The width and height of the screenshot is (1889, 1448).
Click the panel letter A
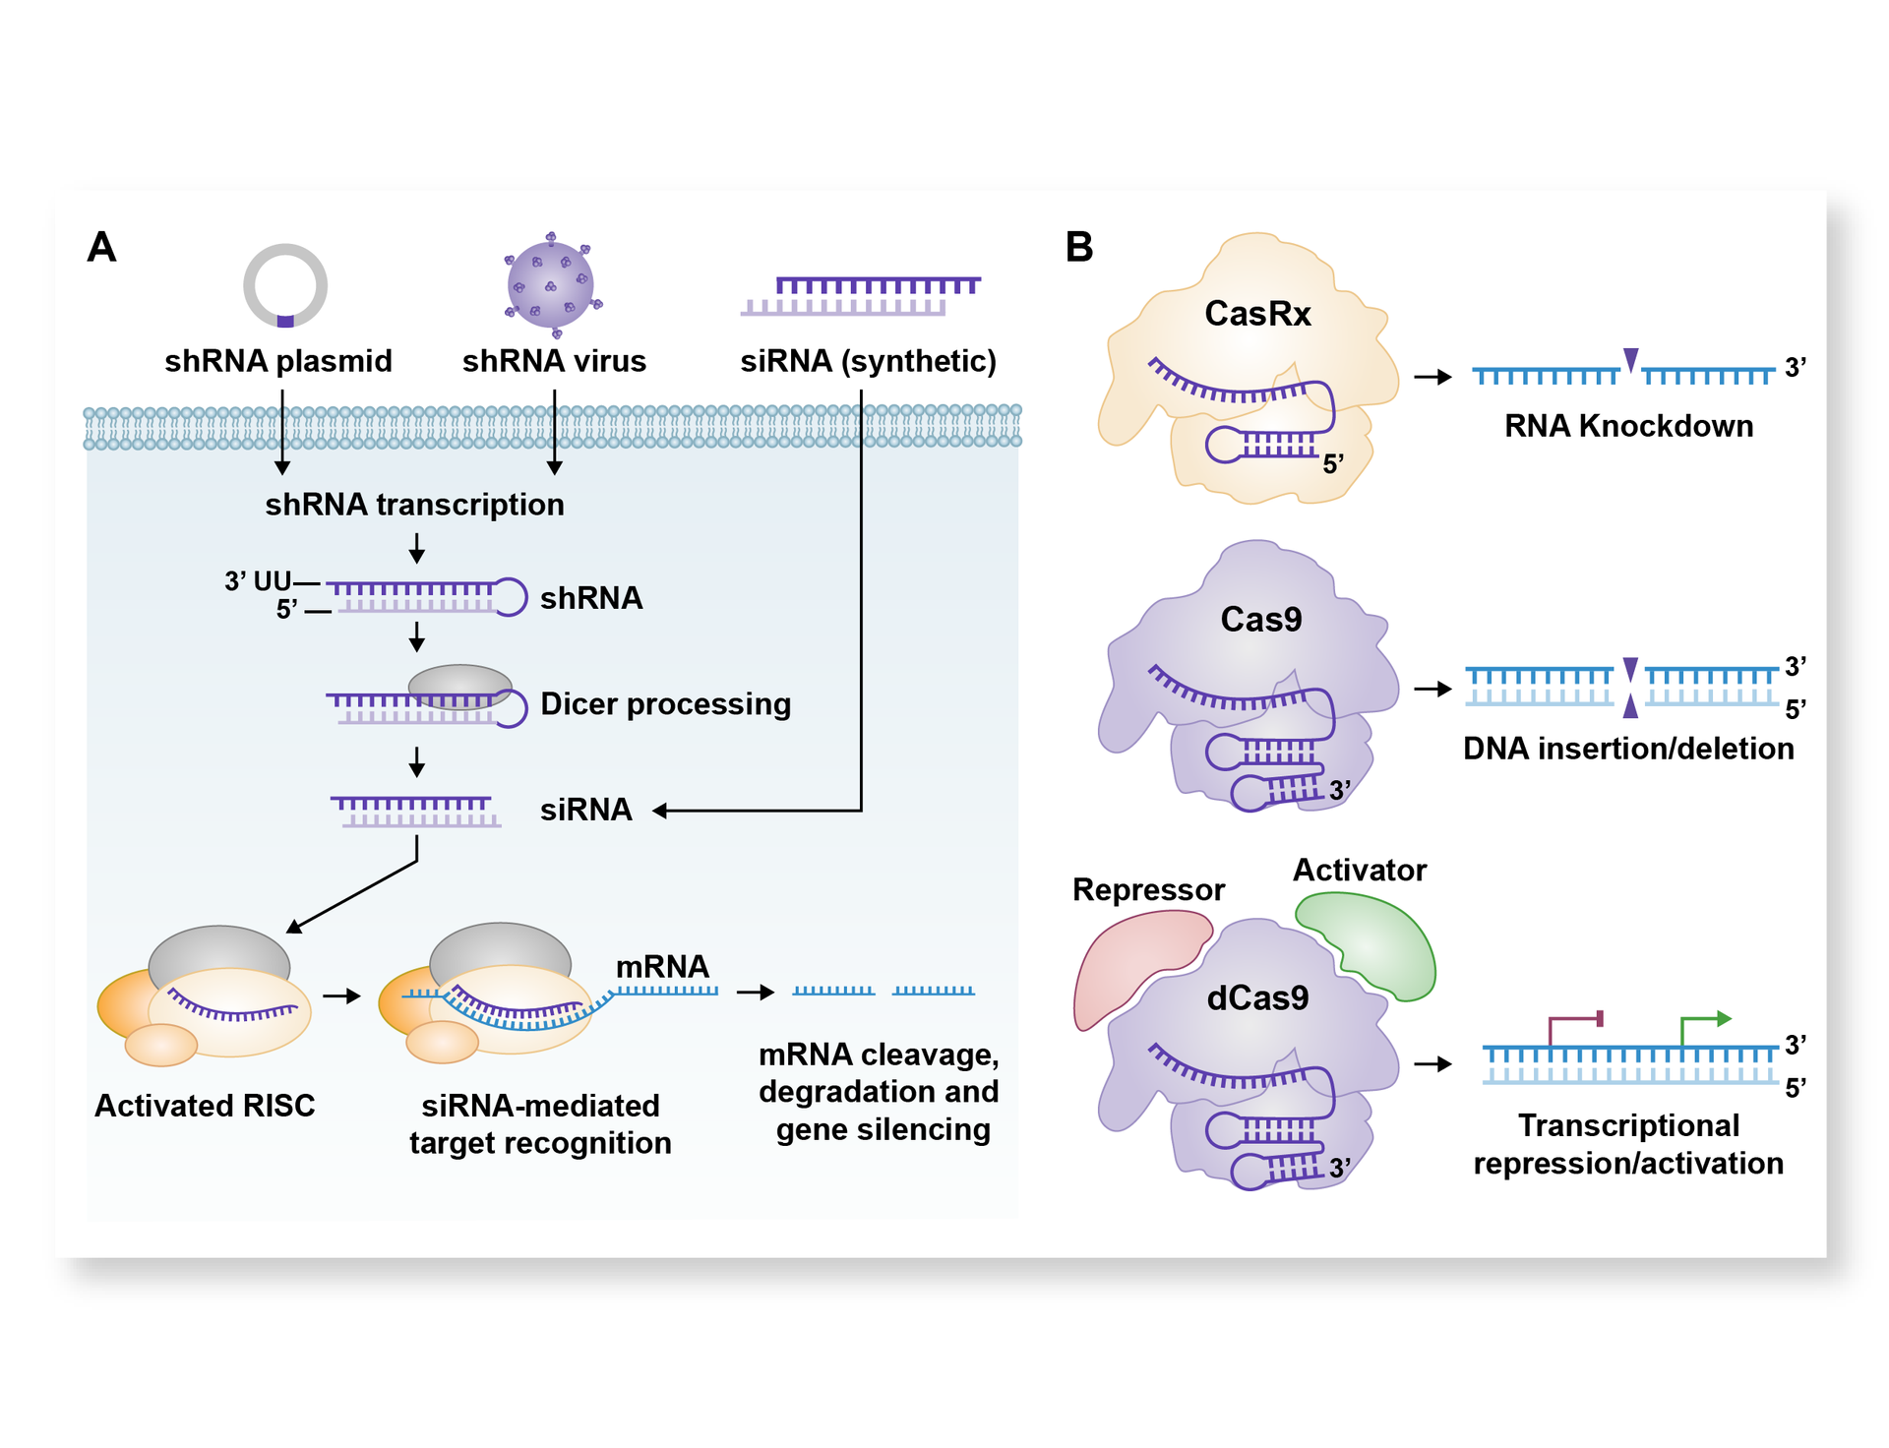(101, 247)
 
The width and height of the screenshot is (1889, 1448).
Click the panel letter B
(1078, 247)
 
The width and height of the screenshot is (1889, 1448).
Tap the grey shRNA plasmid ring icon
(285, 285)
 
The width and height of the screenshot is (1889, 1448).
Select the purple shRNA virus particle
(551, 285)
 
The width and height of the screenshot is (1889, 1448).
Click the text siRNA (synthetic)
(868, 361)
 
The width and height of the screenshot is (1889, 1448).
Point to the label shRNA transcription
(414, 505)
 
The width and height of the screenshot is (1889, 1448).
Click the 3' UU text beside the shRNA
(257, 580)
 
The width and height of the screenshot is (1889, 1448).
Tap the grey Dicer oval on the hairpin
(459, 686)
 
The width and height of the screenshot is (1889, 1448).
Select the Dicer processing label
(665, 704)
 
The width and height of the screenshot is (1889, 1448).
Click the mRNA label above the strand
(662, 967)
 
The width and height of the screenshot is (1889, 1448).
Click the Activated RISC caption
(205, 1106)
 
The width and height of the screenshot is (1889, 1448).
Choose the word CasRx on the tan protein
(1257, 314)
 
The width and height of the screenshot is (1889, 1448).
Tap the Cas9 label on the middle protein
(1260, 620)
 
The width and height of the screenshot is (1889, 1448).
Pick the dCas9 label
(1257, 998)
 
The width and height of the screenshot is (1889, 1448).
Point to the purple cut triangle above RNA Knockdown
(1630, 360)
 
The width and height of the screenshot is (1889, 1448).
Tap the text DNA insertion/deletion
(1628, 749)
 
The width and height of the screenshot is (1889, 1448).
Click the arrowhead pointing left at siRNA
(660, 811)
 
